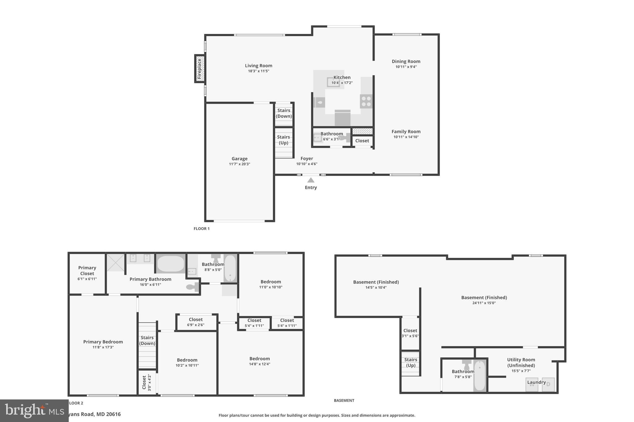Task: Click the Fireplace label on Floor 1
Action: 199,69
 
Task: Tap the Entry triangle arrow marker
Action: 310,180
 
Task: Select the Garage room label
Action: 239,159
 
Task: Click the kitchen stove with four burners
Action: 366,101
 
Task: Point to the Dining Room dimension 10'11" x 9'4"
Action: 406,67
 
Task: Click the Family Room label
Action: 406,131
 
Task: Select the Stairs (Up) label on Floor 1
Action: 283,140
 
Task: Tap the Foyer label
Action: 306,158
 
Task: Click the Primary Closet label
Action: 87,271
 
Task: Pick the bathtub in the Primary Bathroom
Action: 171,264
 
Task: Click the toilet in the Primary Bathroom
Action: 193,287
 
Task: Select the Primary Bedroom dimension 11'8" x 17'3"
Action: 103,347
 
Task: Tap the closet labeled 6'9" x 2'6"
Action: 196,322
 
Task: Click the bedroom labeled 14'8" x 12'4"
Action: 259,361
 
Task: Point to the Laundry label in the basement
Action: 536,382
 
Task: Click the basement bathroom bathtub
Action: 480,376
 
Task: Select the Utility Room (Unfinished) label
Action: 521,362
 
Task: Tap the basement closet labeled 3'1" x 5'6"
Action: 410,333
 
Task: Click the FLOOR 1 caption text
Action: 202,228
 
